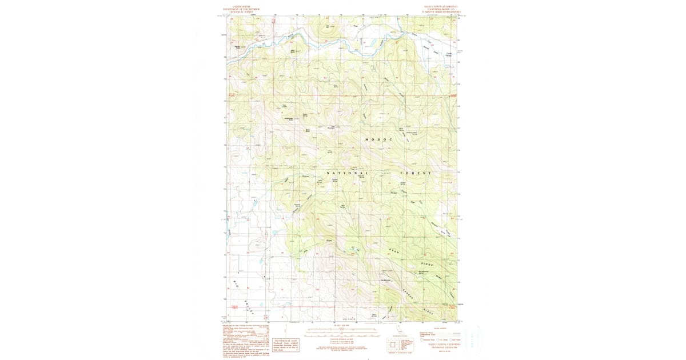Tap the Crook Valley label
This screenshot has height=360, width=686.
pyautogui.click(x=448, y=55)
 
